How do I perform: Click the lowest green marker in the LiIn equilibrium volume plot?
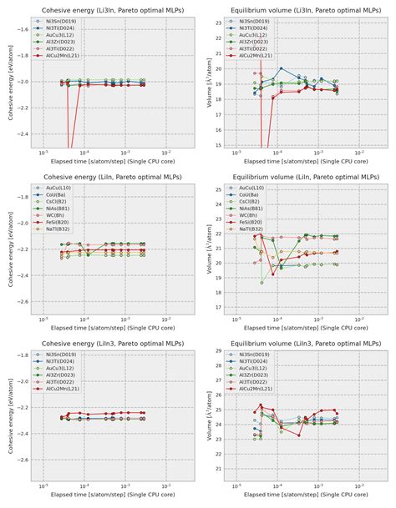(x=261, y=283)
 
